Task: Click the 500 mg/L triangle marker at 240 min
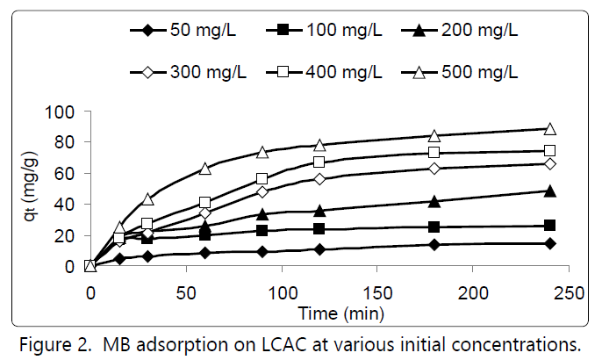pyautogui.click(x=550, y=129)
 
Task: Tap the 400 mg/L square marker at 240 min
pyautogui.click(x=550, y=151)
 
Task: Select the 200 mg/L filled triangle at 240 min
pyautogui.click(x=550, y=191)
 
